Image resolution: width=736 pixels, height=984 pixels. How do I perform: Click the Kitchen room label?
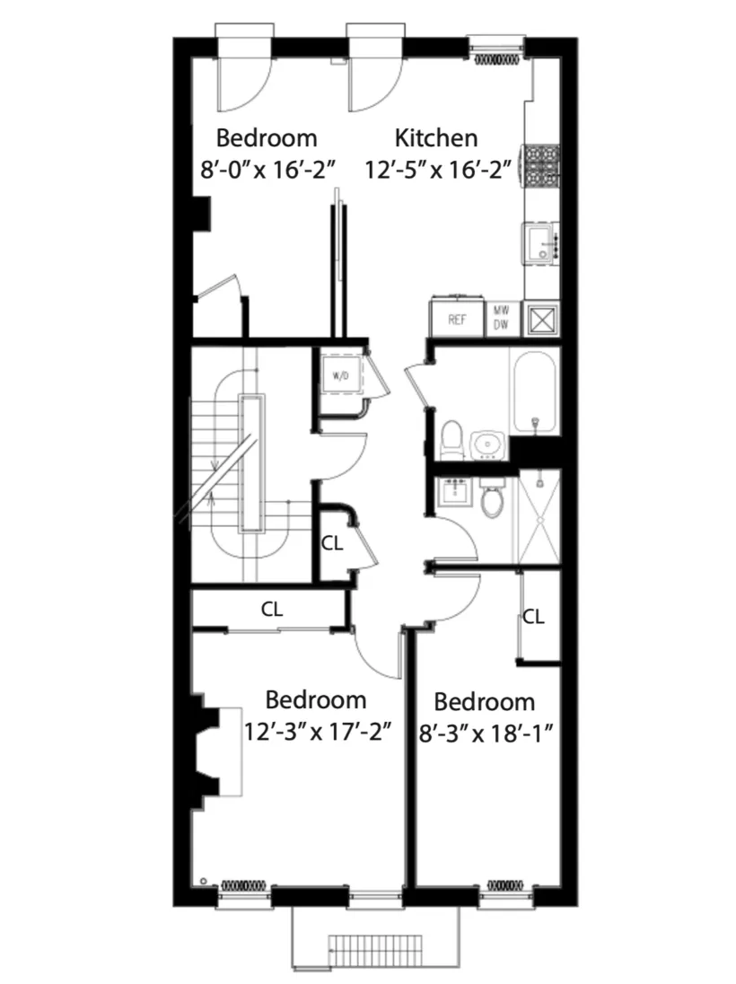pyautogui.click(x=436, y=138)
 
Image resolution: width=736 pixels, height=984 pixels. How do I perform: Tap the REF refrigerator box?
pyautogui.click(x=457, y=319)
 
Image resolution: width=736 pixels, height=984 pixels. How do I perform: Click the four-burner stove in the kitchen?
pyautogui.click(x=541, y=165)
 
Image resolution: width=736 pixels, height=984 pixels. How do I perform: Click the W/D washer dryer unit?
pyautogui.click(x=342, y=374)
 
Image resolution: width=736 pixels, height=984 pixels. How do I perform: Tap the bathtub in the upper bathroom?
pyautogui.click(x=535, y=394)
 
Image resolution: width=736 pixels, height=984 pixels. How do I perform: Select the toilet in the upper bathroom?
pyautogui.click(x=453, y=439)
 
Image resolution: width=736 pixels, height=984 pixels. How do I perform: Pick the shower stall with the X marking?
pyautogui.click(x=539, y=518)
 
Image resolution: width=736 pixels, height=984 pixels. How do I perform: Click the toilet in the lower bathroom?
pyautogui.click(x=493, y=499)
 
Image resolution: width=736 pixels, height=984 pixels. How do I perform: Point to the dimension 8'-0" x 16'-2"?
pyautogui.click(x=267, y=168)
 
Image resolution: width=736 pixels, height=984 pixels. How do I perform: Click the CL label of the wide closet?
pyautogui.click(x=272, y=608)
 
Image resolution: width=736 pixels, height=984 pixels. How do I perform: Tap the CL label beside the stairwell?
pyautogui.click(x=332, y=542)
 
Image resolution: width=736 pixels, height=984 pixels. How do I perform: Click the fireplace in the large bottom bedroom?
pyautogui.click(x=208, y=747)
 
